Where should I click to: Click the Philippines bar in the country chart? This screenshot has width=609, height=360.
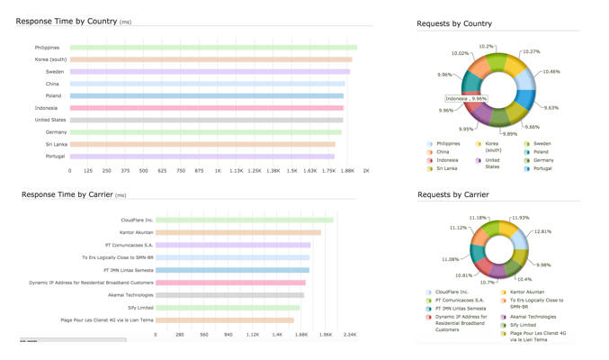[213, 48]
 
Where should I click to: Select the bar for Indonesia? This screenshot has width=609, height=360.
[207, 108]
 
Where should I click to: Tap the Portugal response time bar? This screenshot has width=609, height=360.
[202, 156]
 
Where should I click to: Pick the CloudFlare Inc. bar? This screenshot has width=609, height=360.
[244, 220]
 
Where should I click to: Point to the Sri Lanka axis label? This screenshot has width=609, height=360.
[48, 144]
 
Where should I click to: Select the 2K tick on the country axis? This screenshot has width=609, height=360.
[366, 170]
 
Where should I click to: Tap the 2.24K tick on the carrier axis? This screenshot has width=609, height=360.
[350, 334]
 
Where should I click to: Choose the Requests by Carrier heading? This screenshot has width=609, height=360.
[452, 194]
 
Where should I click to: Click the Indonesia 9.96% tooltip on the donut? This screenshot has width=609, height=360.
[467, 99]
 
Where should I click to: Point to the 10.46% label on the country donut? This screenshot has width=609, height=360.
[551, 71]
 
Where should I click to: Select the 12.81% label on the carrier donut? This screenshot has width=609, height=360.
[542, 231]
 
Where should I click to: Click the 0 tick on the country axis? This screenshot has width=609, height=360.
[70, 170]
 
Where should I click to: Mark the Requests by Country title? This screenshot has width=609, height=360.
[453, 23]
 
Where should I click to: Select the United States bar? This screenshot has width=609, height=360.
[206, 120]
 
